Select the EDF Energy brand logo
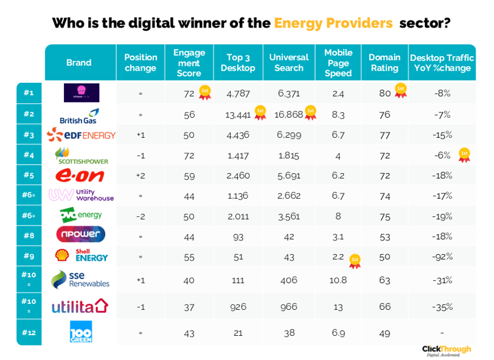click(81, 135)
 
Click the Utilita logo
click(81, 306)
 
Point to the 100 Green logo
click(81, 331)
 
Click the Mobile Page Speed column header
click(338, 63)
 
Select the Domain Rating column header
click(384, 63)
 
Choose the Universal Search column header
click(289, 63)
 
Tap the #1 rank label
click(29, 93)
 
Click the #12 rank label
click(29, 332)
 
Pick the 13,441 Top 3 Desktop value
click(238, 114)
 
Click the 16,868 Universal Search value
click(289, 114)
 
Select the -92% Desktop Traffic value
click(442, 257)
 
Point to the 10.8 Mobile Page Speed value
click(338, 280)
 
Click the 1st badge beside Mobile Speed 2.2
click(355, 261)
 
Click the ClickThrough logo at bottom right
click(446, 350)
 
